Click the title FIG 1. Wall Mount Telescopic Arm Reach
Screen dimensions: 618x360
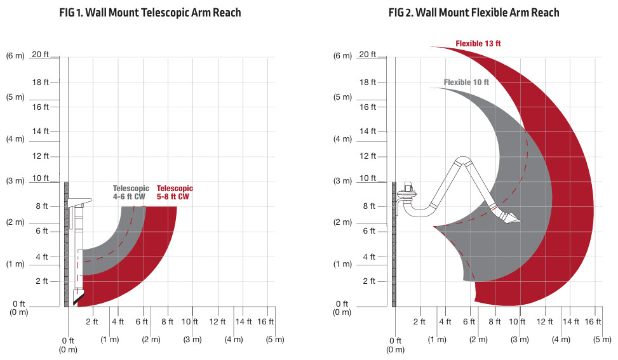coord(150,13)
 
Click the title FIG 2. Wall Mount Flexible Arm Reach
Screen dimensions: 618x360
coord(474,13)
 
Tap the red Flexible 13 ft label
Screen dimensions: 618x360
coord(478,44)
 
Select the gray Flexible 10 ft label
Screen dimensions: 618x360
coord(466,83)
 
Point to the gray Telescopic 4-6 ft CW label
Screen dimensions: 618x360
coord(131,192)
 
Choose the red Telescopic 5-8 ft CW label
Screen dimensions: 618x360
coord(175,192)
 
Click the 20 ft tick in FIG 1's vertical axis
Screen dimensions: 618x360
coord(40,55)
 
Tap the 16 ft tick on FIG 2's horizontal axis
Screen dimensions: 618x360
coord(593,322)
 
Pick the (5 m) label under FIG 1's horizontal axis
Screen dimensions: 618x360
coord(275,340)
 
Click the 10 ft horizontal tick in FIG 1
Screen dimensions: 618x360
coord(189,322)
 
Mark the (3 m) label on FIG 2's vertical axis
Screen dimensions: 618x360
coord(342,181)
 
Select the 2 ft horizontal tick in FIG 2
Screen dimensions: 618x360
coord(419,322)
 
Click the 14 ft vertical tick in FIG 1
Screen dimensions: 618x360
coord(40,131)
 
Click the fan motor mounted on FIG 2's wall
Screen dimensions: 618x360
coord(408,192)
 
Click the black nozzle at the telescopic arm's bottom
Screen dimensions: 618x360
coord(79,298)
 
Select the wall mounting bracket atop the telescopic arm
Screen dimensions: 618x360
coord(79,202)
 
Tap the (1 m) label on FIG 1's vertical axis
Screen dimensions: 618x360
coord(15,264)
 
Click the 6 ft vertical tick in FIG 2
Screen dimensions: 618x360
coord(369,231)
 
